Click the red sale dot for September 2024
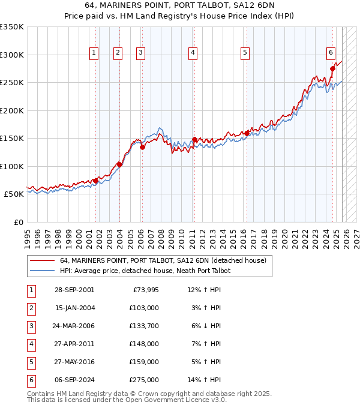pos(332,68)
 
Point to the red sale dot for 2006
pos(142,147)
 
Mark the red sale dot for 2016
pos(247,133)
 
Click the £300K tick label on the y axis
pos(12,55)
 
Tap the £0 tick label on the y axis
pos(18,222)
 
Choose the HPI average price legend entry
pos(145,271)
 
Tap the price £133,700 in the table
pos(144,326)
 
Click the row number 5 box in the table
pos(31,362)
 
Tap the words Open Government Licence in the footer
pos(169,400)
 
